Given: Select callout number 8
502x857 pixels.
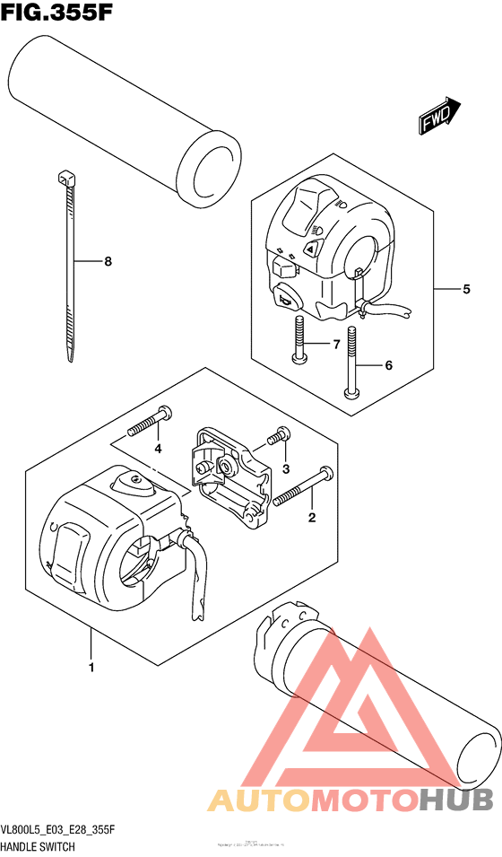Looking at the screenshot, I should pos(108,262).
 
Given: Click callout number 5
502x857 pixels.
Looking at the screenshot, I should pos(466,290).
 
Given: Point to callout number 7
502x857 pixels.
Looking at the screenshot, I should pos(337,345).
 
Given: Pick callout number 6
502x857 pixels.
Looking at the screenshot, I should pos(389,365).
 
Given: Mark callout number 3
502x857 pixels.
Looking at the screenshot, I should pos(286,468).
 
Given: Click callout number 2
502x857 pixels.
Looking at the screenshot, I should pos(312,517).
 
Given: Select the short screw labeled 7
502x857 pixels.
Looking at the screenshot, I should pos(299,343).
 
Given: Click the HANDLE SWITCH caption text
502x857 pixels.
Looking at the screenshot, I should pos(38,846).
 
